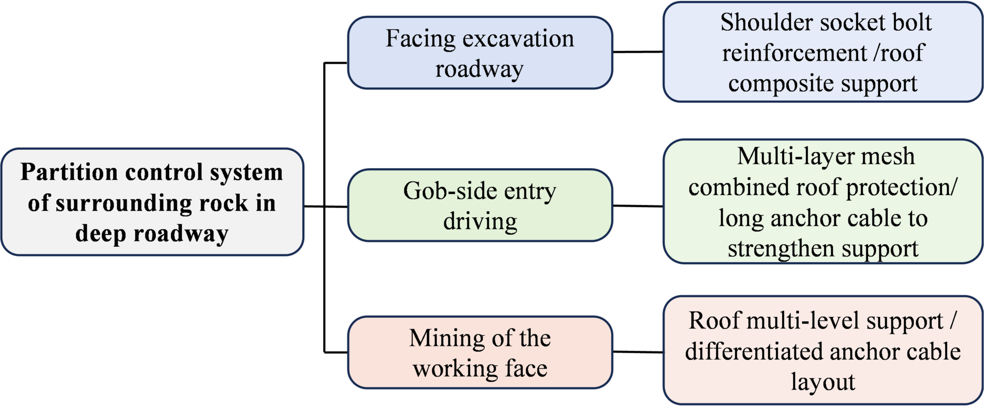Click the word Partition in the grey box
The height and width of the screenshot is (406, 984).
(x=69, y=172)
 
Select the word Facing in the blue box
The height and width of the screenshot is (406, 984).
(x=420, y=39)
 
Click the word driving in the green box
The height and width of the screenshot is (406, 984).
(x=480, y=221)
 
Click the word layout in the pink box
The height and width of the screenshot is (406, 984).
(x=823, y=382)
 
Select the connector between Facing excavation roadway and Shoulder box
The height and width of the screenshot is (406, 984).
(x=638, y=52)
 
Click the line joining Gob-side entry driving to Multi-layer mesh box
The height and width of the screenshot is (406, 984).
(x=638, y=206)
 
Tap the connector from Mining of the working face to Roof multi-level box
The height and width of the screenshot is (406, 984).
(x=638, y=352)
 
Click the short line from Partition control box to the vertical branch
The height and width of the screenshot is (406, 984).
(x=314, y=207)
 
